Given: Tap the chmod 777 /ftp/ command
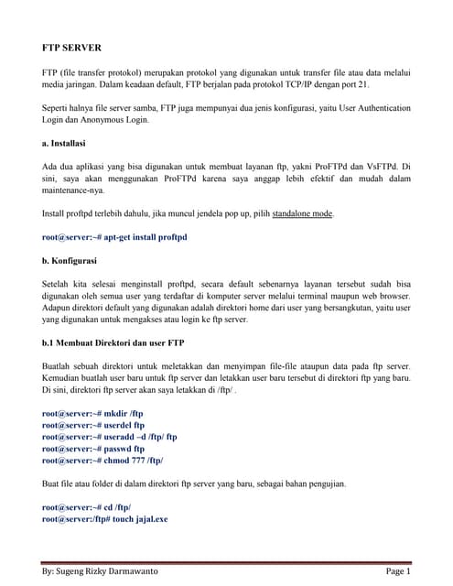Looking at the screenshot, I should pos(102,461).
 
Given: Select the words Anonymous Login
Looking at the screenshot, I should pos(113,120).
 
